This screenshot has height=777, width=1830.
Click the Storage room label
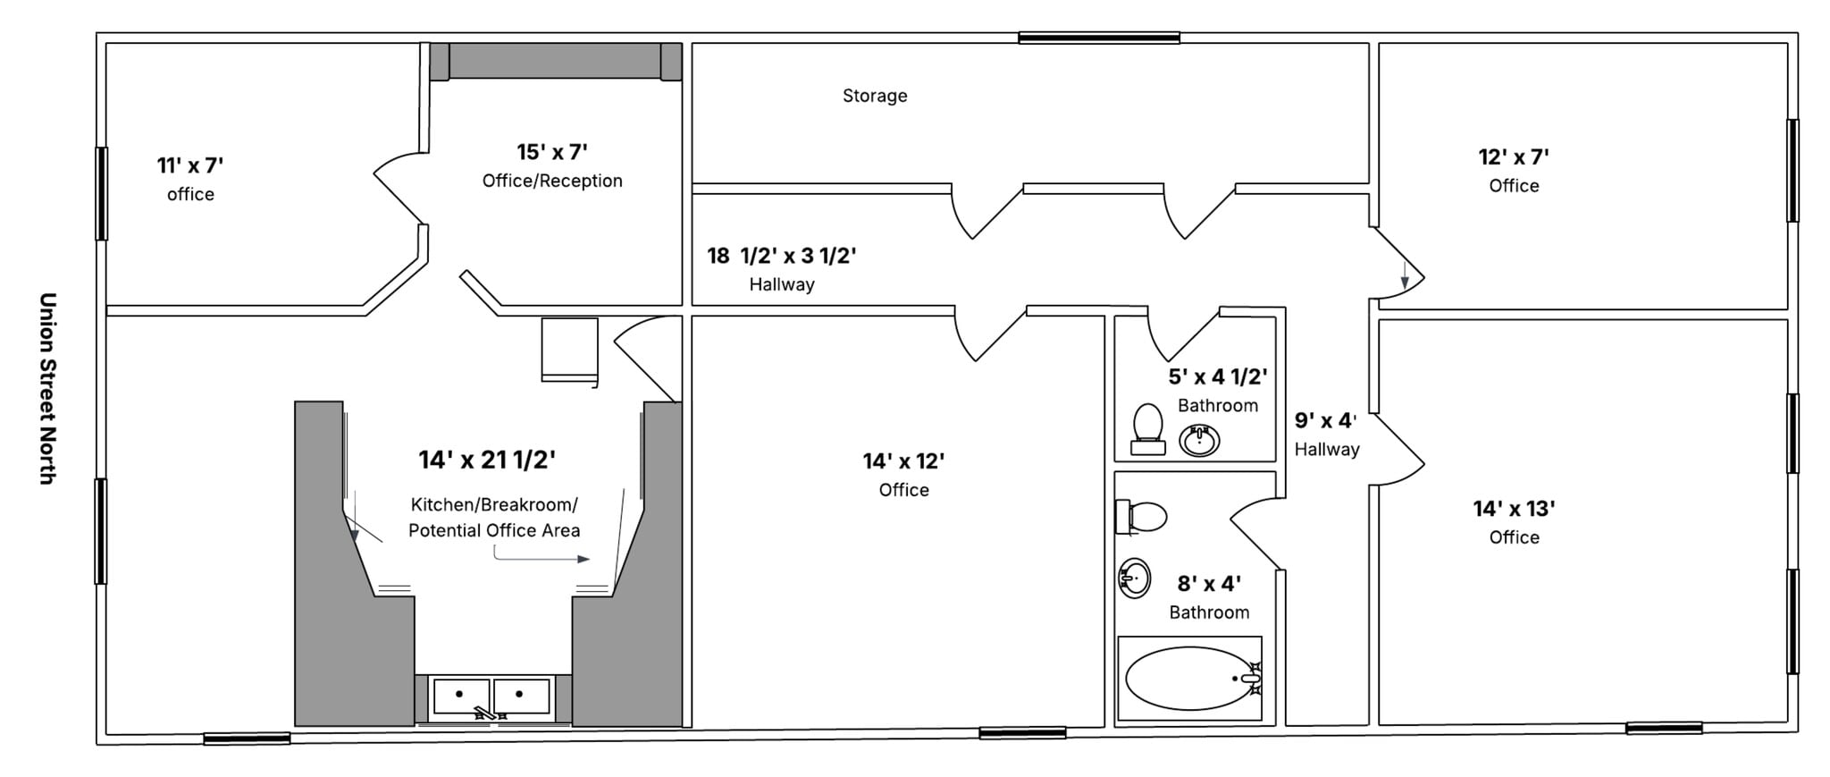click(875, 96)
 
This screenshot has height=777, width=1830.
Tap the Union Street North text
click(48, 388)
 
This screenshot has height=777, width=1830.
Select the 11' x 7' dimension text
click(190, 165)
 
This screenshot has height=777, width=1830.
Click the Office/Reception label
click(552, 181)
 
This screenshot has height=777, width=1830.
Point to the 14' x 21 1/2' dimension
click(487, 460)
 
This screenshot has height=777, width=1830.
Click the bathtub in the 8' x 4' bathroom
click(1189, 679)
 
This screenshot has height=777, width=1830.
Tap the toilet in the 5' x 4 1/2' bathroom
click(1148, 428)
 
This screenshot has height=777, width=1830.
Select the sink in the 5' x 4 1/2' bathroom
click(1199, 440)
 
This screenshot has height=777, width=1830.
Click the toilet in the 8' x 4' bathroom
click(1142, 517)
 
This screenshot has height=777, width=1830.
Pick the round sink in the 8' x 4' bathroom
click(1135, 578)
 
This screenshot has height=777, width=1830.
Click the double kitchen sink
click(491, 696)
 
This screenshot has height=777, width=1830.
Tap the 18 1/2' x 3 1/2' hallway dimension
click(782, 256)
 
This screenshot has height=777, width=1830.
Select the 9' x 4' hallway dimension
click(1326, 420)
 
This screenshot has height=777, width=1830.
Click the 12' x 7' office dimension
click(1514, 157)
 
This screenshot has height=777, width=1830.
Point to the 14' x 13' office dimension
click(1514, 509)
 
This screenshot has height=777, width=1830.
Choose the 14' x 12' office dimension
click(903, 461)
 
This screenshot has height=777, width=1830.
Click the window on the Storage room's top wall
click(1099, 38)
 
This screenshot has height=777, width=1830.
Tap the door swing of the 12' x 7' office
click(1397, 264)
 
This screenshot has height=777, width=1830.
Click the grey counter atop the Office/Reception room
click(555, 62)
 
